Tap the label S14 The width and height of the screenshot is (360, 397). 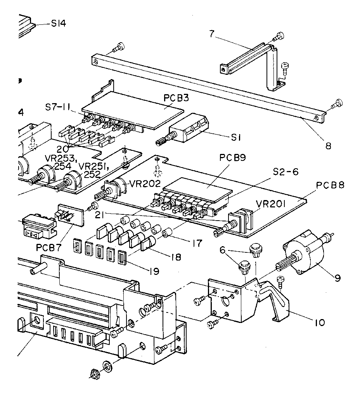pos(58,24)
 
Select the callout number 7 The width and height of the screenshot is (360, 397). pos(211,34)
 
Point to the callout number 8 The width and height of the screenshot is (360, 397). pos(328,146)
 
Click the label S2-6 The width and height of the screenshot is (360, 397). pos(285,172)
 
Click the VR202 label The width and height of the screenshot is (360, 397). pos(144,184)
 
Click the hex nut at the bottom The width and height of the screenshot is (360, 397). pos(93,373)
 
